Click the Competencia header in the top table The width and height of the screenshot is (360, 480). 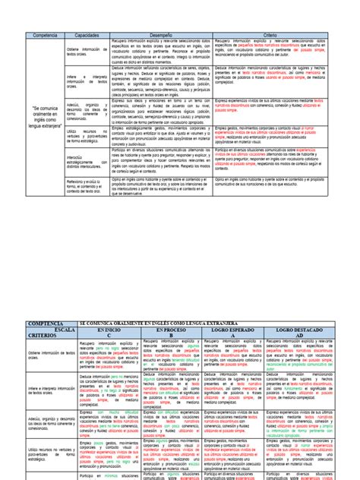(x=43, y=35)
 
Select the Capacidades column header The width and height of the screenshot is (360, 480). (x=87, y=35)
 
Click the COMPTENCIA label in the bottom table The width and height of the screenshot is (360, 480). (x=43, y=302)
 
